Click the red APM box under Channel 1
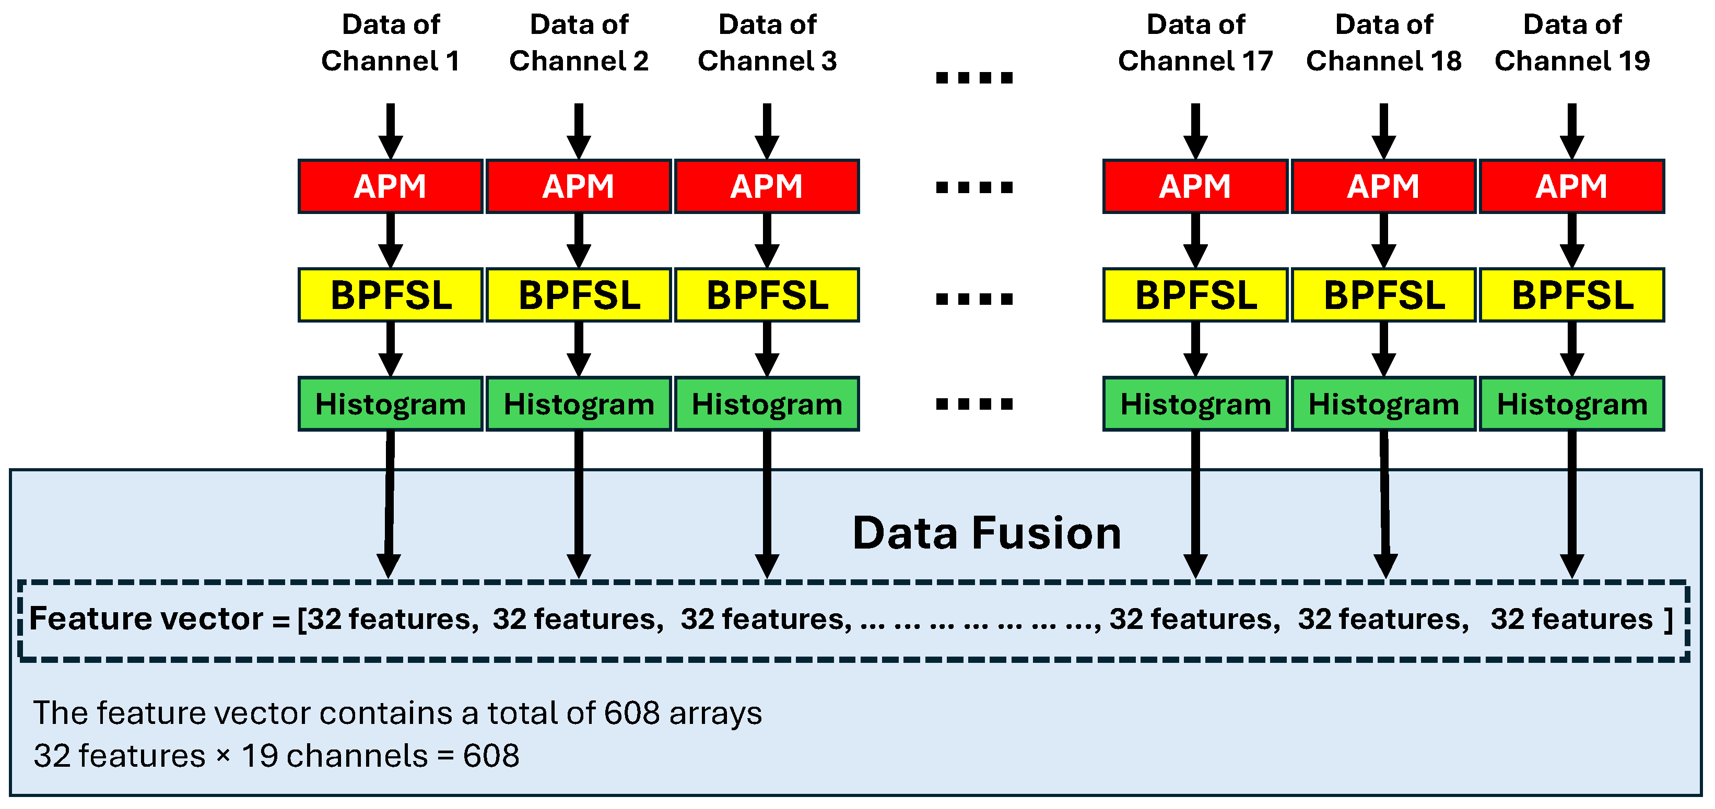pos(390,186)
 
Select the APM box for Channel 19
pos(1571,186)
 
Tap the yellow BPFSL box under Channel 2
pos(579,295)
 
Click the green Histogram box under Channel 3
pos(767,404)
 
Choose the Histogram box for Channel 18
pos(1383,404)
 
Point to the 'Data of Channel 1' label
pos(390,43)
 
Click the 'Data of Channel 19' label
pos(1572,43)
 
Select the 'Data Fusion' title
pos(986,533)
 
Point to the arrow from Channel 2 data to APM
pos(579,130)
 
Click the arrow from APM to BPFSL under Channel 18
pos(1383,240)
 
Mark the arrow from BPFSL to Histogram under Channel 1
pos(390,349)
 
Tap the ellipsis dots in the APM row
pos(974,187)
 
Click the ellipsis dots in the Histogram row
pos(974,404)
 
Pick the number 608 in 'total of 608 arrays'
pos(632,713)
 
